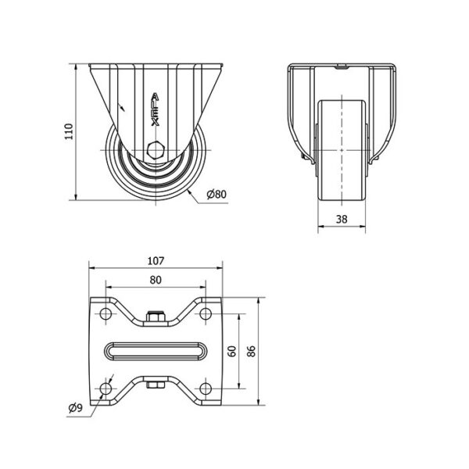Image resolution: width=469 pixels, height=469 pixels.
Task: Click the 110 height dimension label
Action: pyautogui.click(x=69, y=131)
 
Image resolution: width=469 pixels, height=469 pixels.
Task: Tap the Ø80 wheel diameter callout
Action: pyautogui.click(x=217, y=195)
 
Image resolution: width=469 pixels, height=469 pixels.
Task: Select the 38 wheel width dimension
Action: pyautogui.click(x=342, y=219)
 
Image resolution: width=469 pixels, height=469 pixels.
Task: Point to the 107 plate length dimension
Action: pyautogui.click(x=156, y=261)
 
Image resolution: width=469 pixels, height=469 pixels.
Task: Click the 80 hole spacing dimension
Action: pyautogui.click(x=156, y=280)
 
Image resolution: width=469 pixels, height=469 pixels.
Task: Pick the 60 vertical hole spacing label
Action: pyautogui.click(x=232, y=351)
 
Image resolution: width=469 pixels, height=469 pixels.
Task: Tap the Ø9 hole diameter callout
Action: pyautogui.click(x=75, y=407)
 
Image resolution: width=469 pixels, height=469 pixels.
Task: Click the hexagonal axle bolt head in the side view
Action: pyautogui.click(x=156, y=150)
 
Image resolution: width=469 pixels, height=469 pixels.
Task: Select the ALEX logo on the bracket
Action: pyautogui.click(x=155, y=109)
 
